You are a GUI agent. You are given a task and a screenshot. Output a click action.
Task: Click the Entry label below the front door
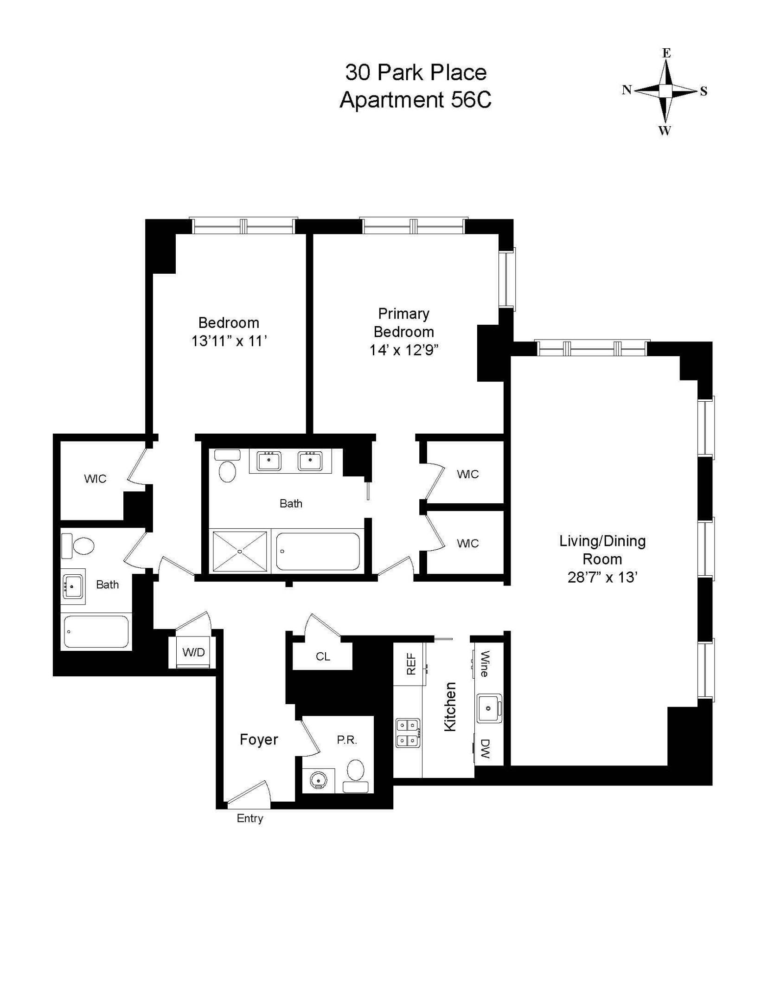click(x=249, y=818)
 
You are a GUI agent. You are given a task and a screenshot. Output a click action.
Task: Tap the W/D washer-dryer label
click(x=193, y=652)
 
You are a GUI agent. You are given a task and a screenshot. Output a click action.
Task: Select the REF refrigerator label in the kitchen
click(x=411, y=664)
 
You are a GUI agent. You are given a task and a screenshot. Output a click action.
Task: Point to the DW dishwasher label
click(x=485, y=749)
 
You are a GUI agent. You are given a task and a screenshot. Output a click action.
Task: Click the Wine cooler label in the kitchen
click(x=485, y=664)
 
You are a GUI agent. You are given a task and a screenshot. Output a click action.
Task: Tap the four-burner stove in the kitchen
click(x=408, y=732)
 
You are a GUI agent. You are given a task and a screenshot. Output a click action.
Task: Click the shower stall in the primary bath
click(x=240, y=551)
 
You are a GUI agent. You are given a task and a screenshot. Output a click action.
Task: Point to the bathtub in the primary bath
click(x=318, y=551)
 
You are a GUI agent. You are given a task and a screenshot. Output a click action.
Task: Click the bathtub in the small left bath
click(x=96, y=631)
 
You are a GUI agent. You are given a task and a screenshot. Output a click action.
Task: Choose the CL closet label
click(x=323, y=656)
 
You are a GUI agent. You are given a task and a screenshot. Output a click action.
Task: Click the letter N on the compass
click(x=627, y=90)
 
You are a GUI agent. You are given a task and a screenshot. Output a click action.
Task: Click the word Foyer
click(x=259, y=739)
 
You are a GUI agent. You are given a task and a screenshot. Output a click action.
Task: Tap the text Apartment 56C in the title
click(x=416, y=100)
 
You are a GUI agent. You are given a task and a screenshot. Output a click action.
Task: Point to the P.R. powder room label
click(x=347, y=740)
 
